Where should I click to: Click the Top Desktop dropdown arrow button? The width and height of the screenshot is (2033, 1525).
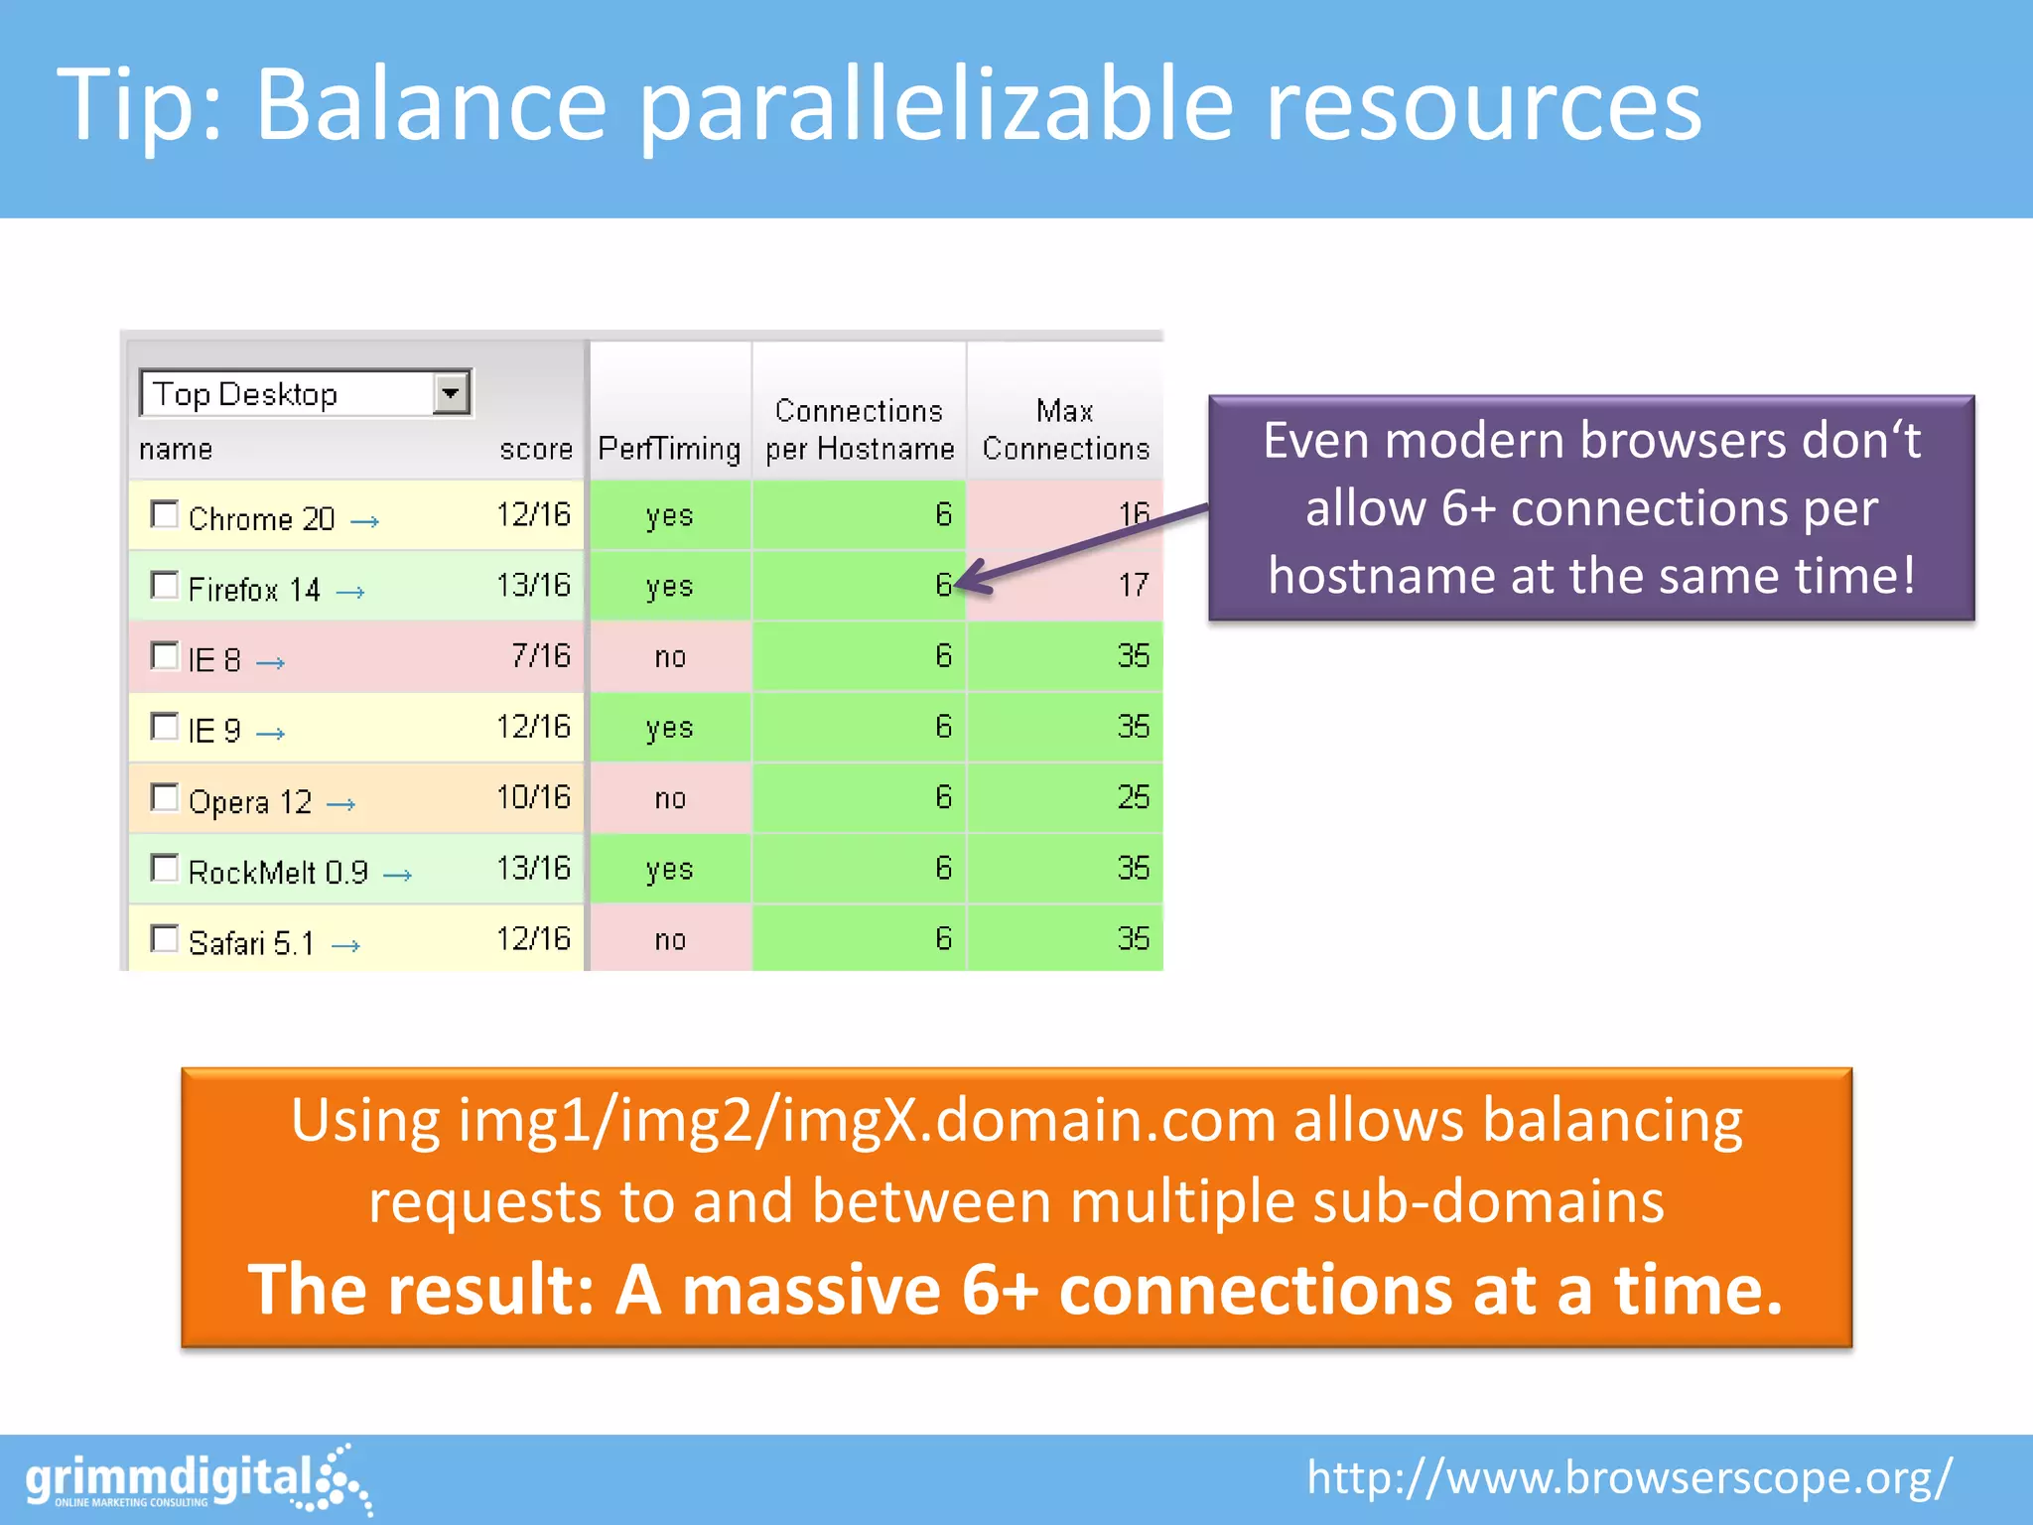click(452, 393)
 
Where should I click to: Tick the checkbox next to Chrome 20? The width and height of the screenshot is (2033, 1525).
click(164, 514)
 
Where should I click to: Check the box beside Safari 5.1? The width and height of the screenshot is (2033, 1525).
click(164, 938)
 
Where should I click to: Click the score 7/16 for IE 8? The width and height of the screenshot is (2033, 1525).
click(541, 655)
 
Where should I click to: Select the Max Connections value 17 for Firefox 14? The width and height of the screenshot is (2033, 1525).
click(1133, 585)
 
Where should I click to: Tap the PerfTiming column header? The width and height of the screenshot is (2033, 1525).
click(669, 449)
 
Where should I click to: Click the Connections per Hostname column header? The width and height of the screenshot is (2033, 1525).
click(860, 429)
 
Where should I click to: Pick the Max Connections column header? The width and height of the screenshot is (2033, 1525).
click(1065, 429)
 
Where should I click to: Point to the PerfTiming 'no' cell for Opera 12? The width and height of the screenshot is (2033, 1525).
click(670, 798)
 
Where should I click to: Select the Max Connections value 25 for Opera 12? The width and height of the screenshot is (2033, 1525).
click(1133, 797)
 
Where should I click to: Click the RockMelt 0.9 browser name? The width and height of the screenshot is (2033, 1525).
click(278, 872)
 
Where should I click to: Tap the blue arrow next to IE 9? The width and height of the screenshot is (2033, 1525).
click(270, 734)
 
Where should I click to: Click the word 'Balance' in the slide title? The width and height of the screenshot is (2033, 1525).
click(431, 104)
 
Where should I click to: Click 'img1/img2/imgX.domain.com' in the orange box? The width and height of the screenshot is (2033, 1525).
click(866, 1120)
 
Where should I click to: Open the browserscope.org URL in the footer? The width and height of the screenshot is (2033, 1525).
click(1628, 1477)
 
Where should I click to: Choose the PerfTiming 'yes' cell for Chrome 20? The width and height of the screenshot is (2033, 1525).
click(670, 515)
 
